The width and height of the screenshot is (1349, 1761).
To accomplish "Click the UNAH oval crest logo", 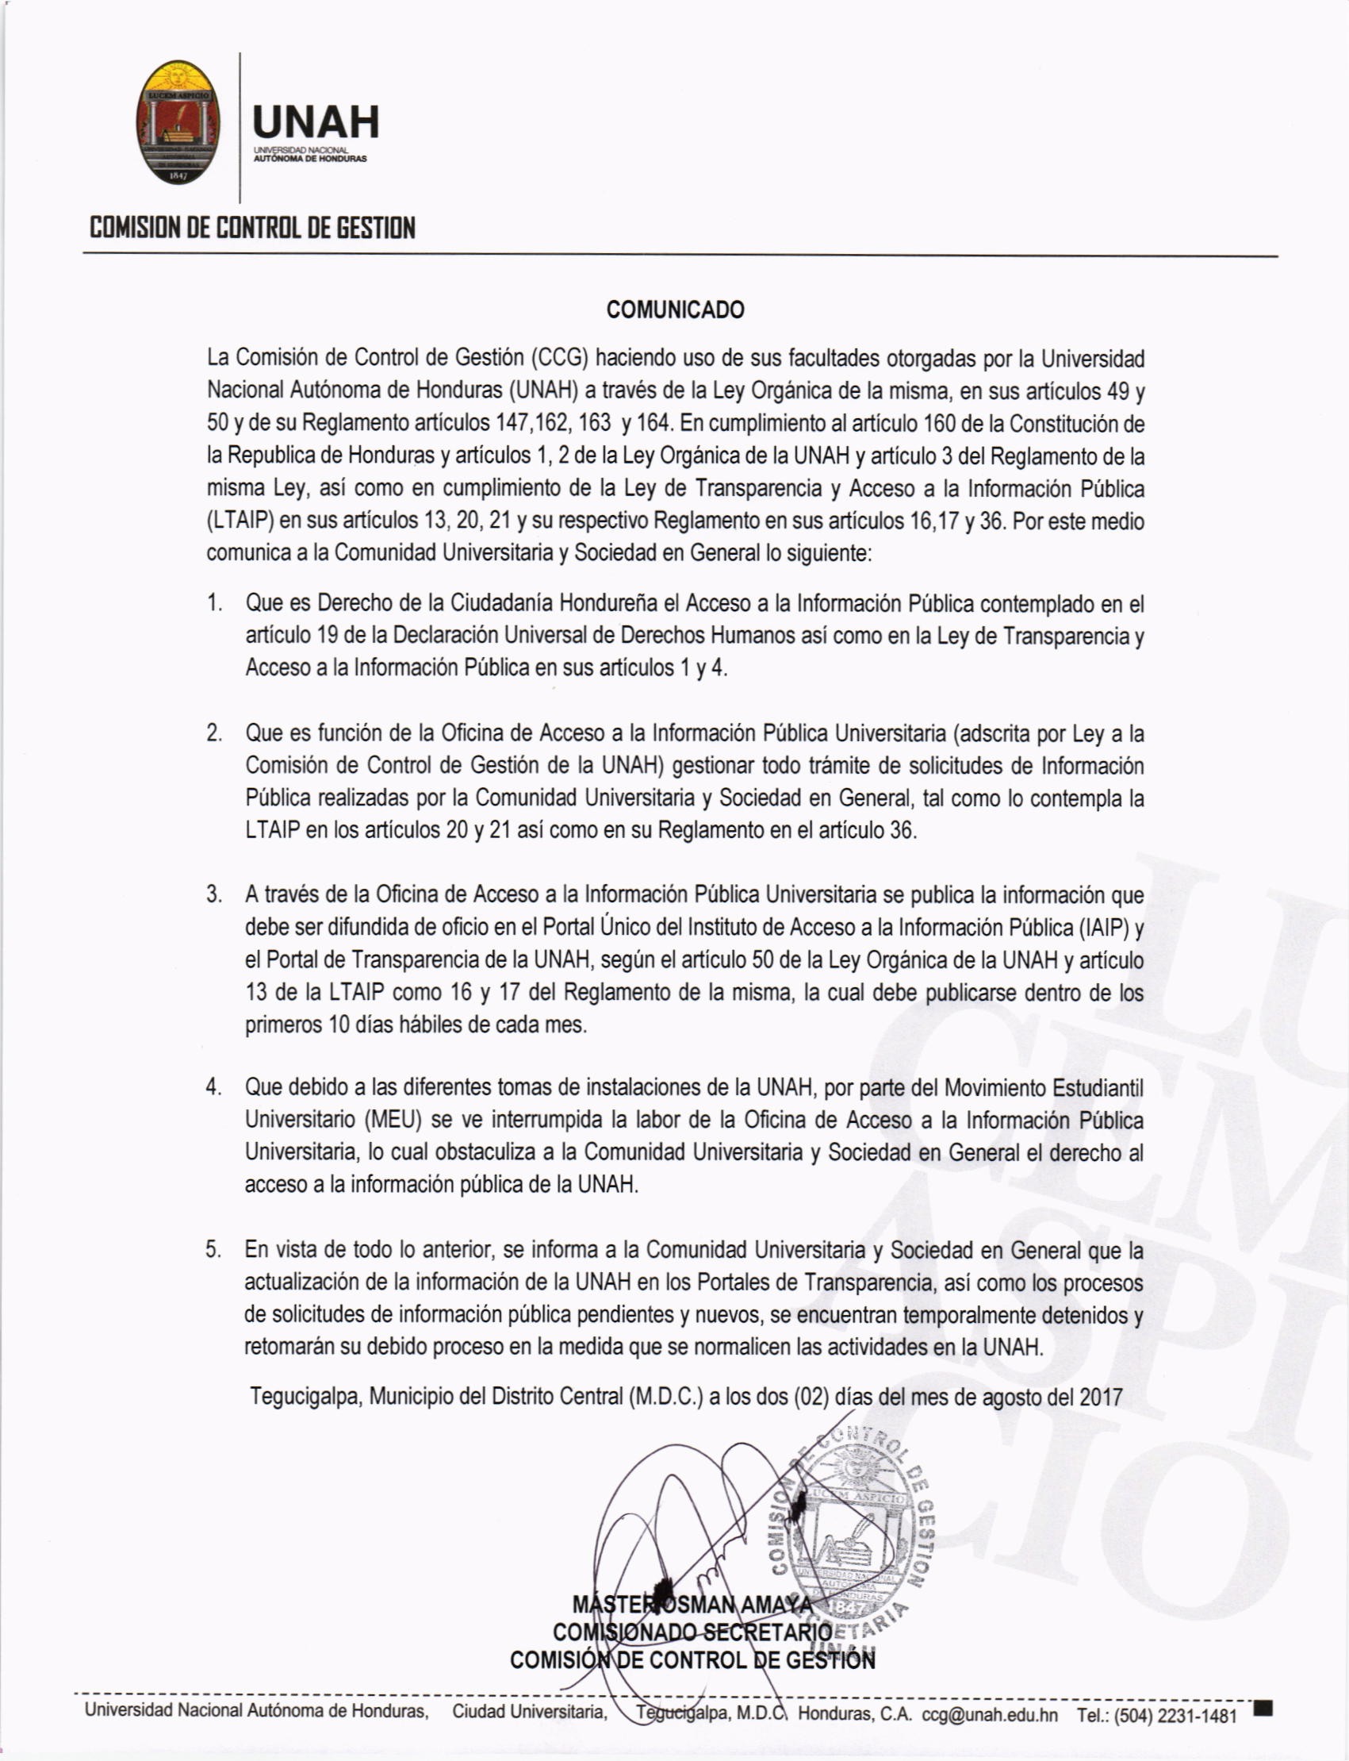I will point(177,122).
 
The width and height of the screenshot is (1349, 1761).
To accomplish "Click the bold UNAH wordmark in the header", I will point(315,122).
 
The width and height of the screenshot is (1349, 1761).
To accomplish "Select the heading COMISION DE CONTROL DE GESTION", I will point(252,228).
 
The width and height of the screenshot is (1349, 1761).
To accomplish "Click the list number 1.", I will point(213,602).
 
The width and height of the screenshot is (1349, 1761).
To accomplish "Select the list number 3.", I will point(213,894).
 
